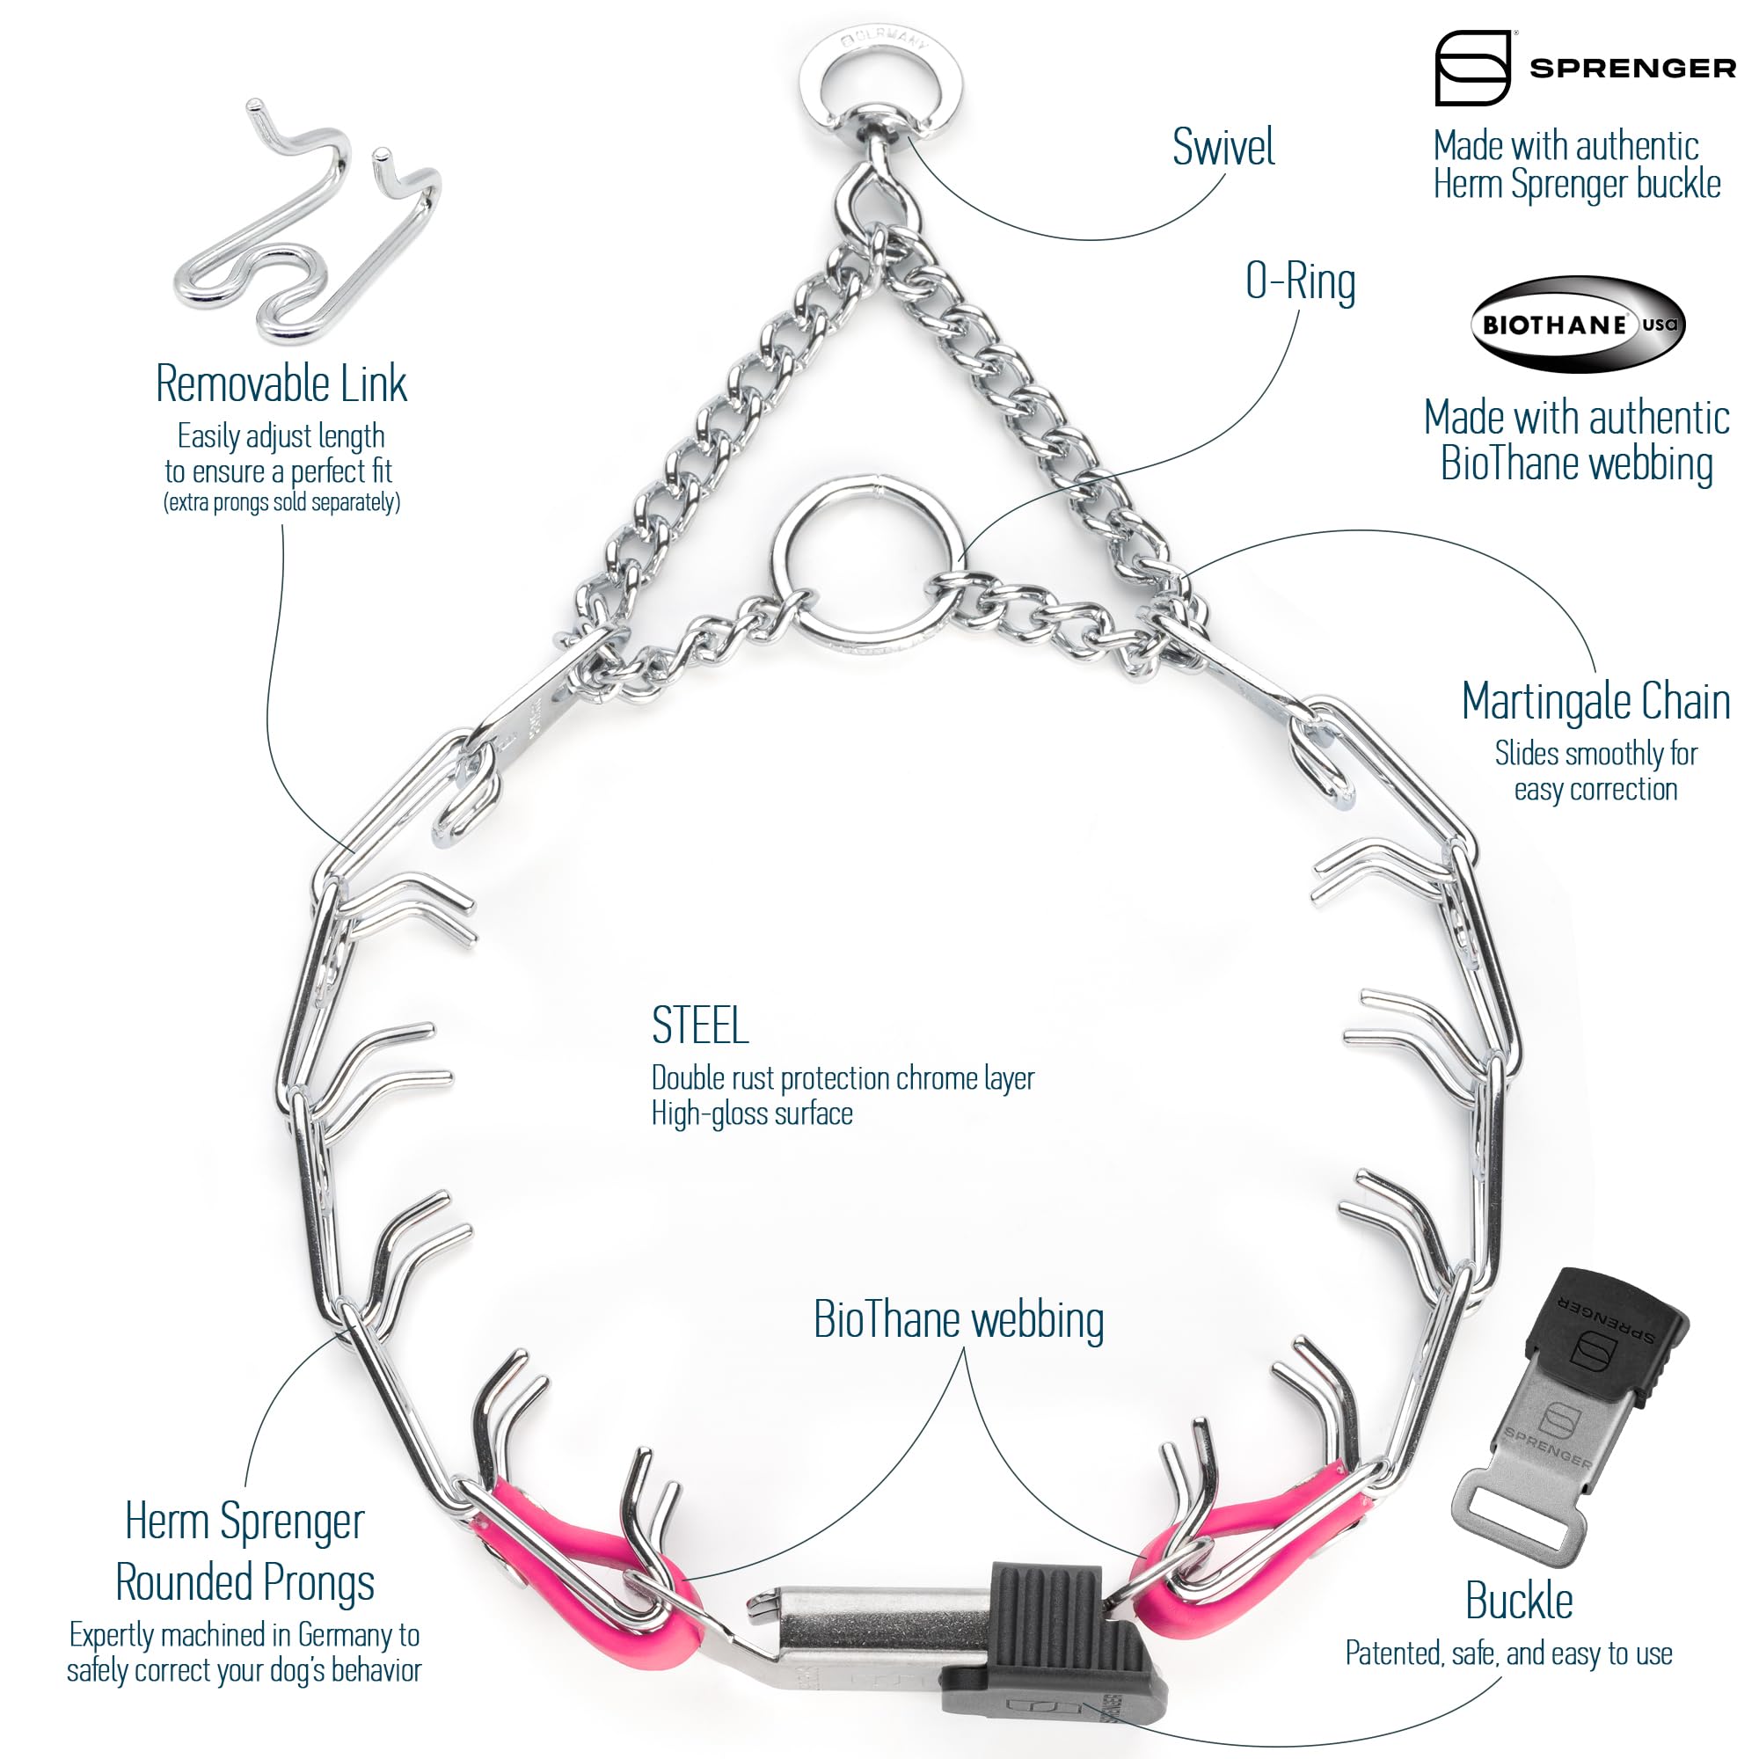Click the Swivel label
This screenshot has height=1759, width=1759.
1223,147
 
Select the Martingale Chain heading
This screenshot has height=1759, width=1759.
1595,701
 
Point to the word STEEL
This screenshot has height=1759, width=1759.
700,1025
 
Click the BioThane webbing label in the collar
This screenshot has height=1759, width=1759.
959,1319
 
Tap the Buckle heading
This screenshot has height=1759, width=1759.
1519,1600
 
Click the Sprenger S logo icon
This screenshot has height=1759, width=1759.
1472,68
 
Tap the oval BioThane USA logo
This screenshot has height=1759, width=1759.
1578,325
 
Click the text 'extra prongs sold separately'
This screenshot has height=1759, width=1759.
281,502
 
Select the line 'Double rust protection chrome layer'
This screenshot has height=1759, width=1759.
843,1078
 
